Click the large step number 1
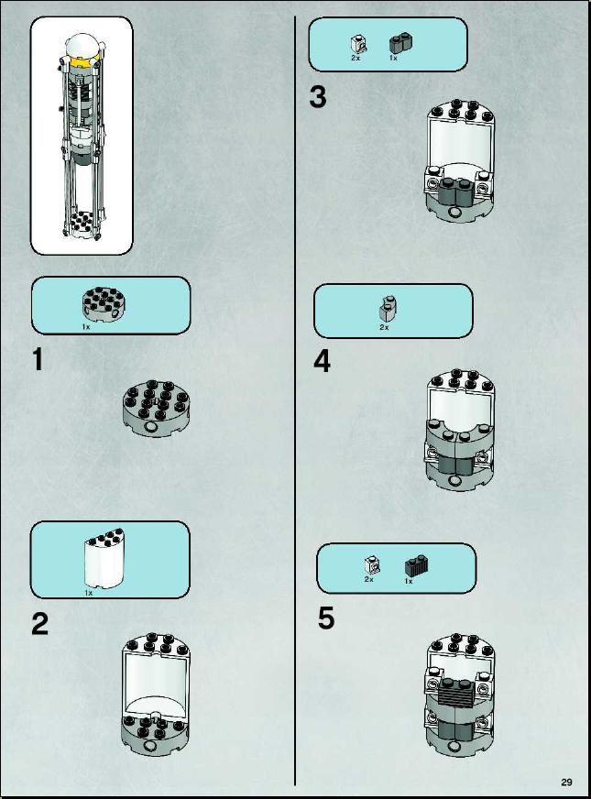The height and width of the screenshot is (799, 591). click(38, 359)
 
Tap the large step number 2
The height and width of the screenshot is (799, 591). click(39, 624)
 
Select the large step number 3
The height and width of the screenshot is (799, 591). click(318, 97)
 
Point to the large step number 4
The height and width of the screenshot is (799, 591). click(322, 361)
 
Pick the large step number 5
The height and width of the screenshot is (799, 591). click(326, 618)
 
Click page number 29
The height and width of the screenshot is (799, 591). click(566, 783)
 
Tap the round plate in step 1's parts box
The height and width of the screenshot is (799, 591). click(104, 303)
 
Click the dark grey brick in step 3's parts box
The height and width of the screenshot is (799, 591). click(401, 44)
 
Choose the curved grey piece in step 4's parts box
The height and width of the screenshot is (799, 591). click(389, 309)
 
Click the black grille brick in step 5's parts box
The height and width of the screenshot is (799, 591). click(416, 565)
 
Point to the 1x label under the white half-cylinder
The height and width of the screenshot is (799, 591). click(89, 593)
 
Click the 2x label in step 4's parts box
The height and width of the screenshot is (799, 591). click(384, 327)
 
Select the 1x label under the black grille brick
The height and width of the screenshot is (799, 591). click(408, 581)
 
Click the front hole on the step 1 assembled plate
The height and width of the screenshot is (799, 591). click(151, 427)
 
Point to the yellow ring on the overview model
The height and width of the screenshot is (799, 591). click(81, 63)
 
